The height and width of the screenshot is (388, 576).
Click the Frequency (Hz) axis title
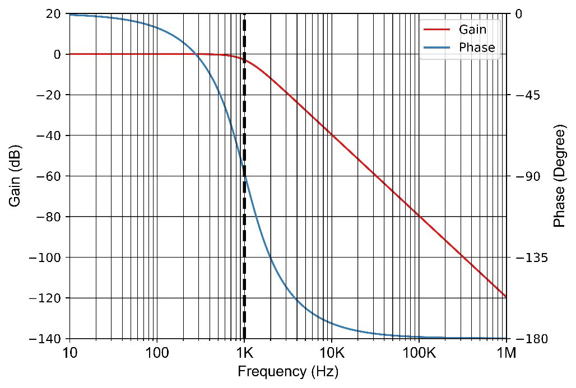coord(288,372)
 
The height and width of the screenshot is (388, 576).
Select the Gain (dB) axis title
coord(15,176)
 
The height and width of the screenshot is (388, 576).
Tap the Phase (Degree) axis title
coord(559,176)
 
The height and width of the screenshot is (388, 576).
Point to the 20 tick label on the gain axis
coord(54,13)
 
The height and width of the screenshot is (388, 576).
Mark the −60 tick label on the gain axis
coord(49,176)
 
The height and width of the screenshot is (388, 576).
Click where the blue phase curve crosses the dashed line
coord(244,176)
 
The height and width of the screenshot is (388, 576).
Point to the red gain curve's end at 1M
coord(506,297)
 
